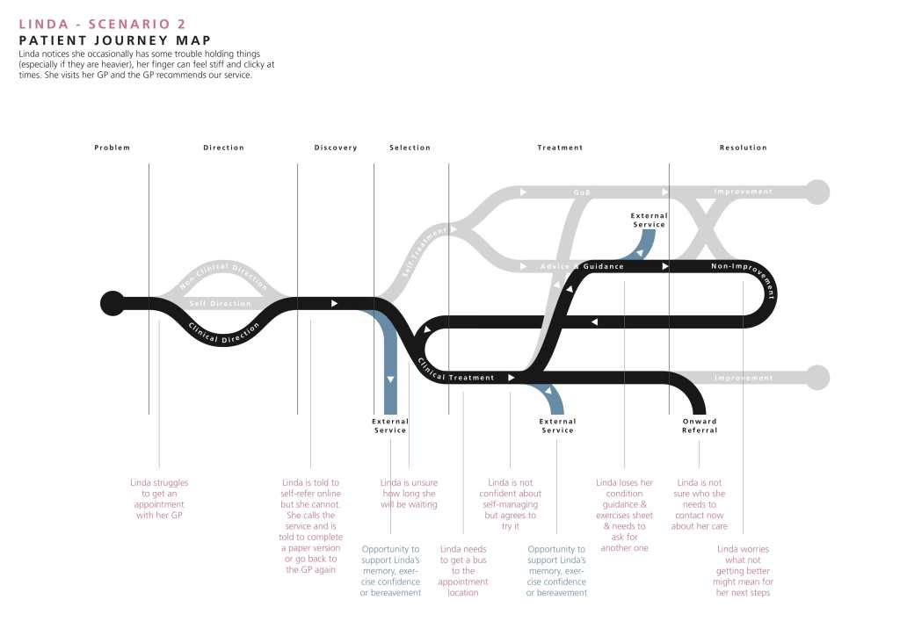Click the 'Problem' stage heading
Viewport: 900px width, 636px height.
click(112, 148)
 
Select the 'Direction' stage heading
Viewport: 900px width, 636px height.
click(223, 148)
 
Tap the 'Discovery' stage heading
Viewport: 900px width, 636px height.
click(336, 148)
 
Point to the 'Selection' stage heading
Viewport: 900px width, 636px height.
click(410, 148)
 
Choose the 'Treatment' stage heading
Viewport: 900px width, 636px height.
click(560, 148)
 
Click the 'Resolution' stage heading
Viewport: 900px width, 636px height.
click(743, 148)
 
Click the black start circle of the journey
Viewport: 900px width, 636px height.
click(112, 303)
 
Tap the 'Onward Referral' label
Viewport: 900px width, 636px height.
click(700, 425)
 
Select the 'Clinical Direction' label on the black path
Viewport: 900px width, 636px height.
click(225, 332)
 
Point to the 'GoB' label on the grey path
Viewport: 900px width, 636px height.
click(582, 192)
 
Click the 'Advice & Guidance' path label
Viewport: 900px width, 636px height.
click(582, 266)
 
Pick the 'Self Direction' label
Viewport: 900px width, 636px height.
click(221, 303)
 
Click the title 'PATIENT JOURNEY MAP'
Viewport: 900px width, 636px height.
click(114, 40)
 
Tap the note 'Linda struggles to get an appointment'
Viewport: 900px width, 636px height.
click(159, 499)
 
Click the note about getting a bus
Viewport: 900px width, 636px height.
click(463, 571)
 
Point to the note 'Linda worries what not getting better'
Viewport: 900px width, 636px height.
click(744, 571)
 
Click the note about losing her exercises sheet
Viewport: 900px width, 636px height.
click(624, 516)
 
